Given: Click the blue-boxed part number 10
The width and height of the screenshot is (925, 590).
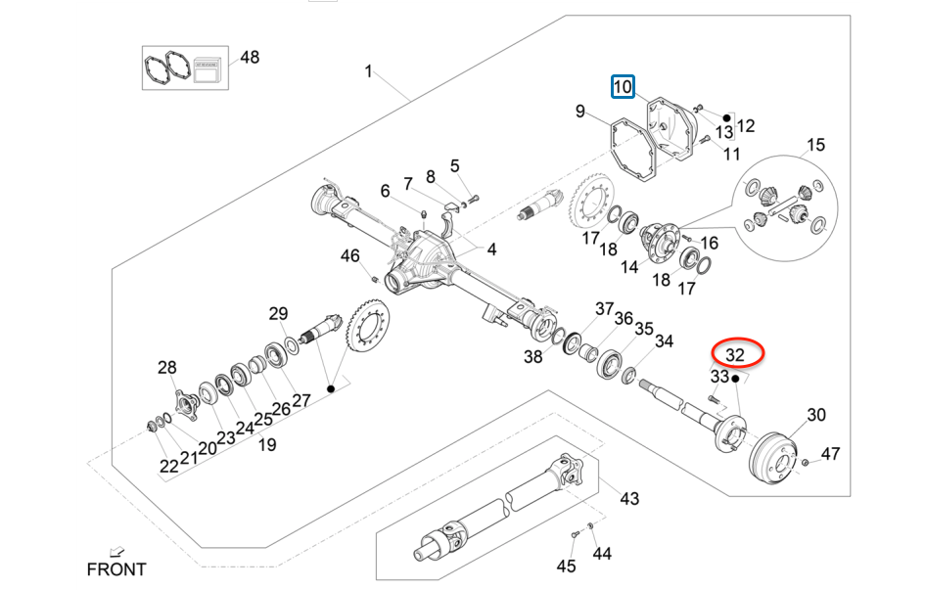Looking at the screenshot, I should click(623, 87).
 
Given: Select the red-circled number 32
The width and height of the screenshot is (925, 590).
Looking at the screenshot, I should click(735, 353).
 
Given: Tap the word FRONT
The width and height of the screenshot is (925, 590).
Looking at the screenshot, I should click(116, 568).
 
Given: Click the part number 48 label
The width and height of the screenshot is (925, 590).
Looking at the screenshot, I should click(250, 57).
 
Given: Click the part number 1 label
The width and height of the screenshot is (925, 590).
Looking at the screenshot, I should click(369, 70).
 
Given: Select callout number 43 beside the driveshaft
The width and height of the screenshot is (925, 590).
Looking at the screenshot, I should click(628, 498).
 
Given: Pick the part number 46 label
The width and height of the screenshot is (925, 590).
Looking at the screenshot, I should click(349, 256).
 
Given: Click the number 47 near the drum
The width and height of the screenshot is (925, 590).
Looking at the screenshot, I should click(830, 453).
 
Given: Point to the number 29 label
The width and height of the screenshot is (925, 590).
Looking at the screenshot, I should click(279, 313).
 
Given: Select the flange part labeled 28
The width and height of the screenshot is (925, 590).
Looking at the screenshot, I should click(182, 401).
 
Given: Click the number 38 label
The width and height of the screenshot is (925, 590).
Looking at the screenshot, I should click(532, 357).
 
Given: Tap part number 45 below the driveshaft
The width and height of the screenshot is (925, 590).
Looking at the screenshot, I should click(567, 566).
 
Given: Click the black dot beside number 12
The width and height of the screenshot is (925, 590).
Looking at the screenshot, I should click(728, 115).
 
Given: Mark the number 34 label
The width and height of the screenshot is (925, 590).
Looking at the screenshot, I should click(664, 341).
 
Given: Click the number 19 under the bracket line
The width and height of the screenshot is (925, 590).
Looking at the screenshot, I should click(266, 444).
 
